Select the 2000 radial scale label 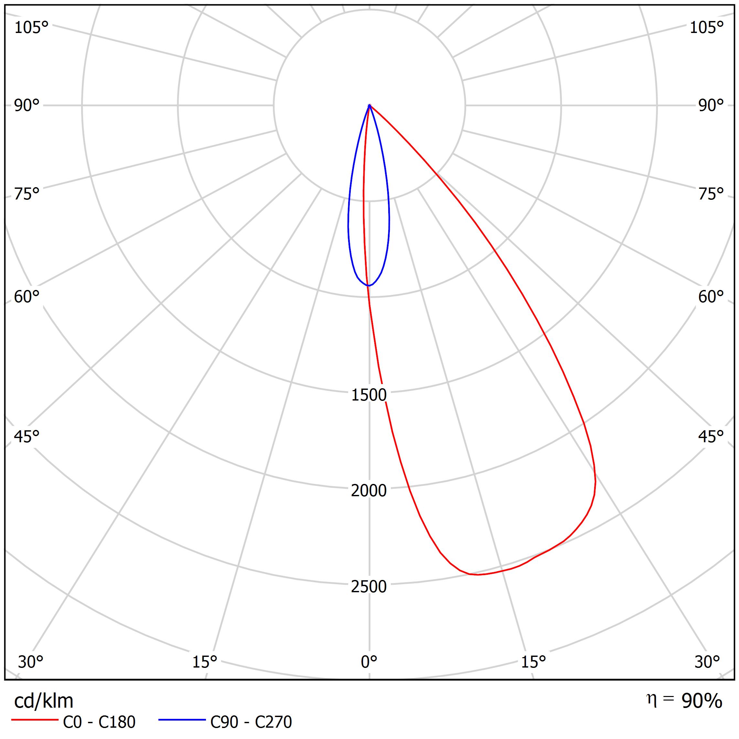tap(369, 490)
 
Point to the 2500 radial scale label tap(369, 586)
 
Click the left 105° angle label tap(31, 27)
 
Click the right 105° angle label tap(706, 27)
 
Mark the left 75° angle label tap(27, 194)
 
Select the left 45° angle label tap(27, 436)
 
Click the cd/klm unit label tap(44, 701)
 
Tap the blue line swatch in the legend tap(182, 720)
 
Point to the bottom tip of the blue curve tap(368, 286)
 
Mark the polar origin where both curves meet tap(369, 105)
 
